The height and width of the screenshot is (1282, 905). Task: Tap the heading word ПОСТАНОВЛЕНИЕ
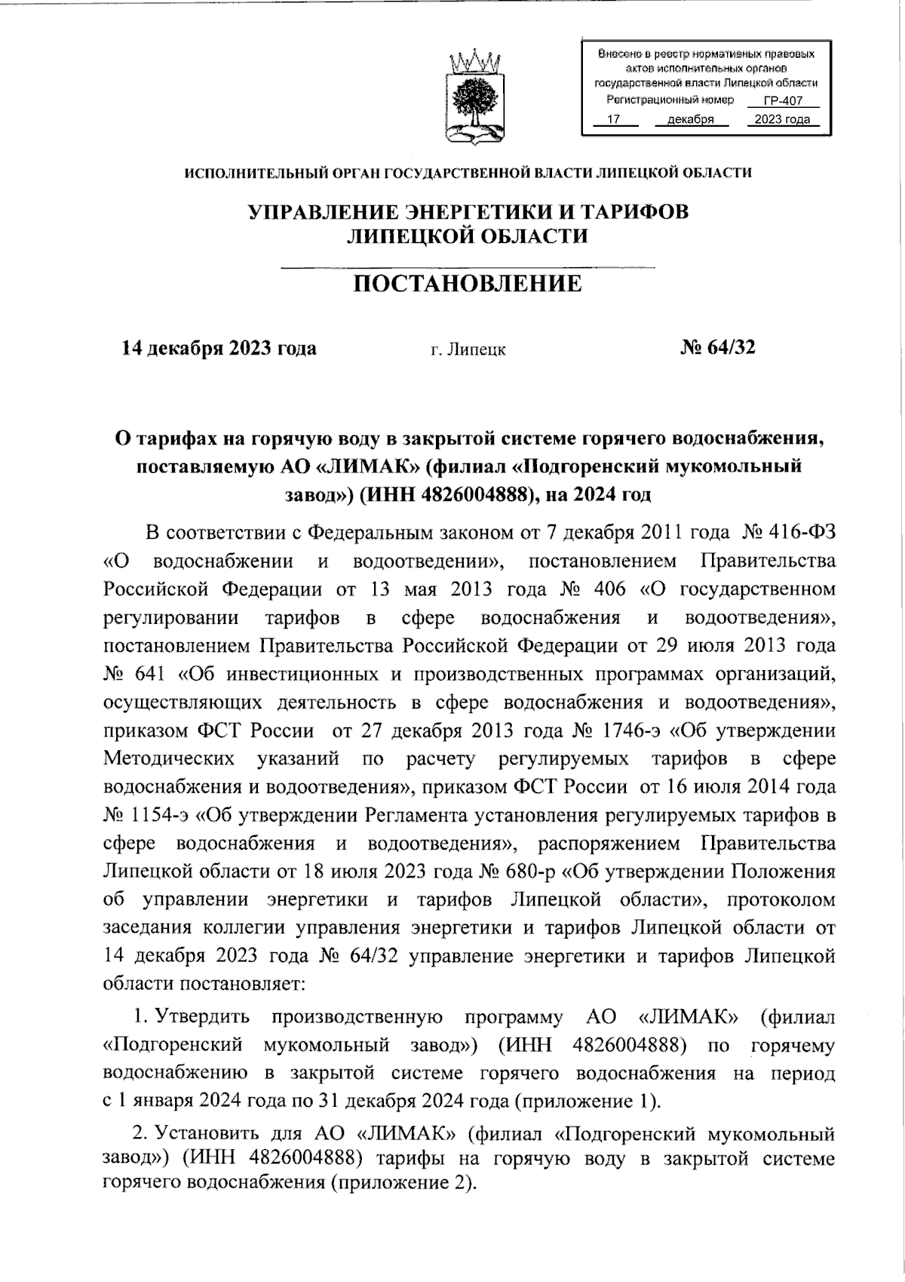tap(468, 284)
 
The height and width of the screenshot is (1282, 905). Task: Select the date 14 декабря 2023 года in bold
tap(219, 348)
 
